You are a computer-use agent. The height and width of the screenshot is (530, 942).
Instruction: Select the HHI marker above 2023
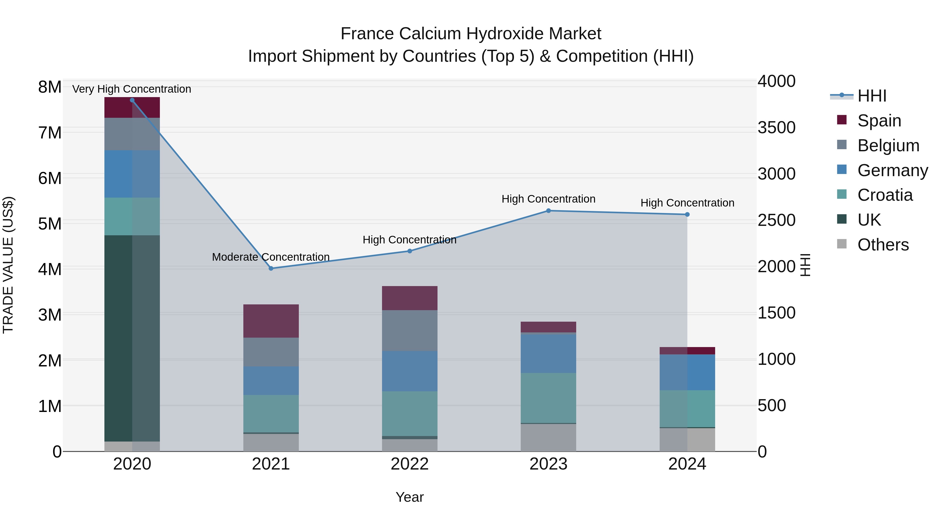pos(548,211)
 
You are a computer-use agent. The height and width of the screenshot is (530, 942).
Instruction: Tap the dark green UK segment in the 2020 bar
pos(132,338)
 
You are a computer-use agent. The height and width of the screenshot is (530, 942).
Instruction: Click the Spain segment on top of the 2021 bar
pos(271,321)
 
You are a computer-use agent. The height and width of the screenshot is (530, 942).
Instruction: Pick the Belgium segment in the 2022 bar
pos(410,330)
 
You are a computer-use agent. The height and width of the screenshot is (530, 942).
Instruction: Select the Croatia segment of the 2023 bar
pos(548,398)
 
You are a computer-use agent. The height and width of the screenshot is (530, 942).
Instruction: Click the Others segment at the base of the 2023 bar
pos(548,437)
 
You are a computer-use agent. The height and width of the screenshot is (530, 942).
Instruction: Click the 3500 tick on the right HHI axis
pos(776,128)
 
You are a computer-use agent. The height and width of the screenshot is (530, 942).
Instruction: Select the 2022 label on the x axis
pos(410,464)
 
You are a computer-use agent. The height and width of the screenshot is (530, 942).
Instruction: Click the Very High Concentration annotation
pos(132,89)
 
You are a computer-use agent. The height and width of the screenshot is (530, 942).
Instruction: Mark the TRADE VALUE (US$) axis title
pos(8,265)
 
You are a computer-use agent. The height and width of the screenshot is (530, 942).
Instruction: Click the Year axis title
pos(410,497)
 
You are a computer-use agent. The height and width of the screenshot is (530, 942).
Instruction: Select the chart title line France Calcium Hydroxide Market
pos(471,34)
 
